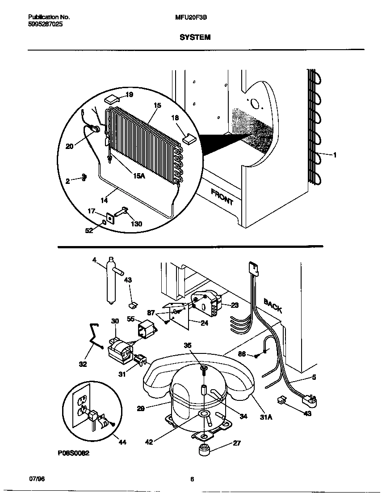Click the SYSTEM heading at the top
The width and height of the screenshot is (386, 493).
click(195, 38)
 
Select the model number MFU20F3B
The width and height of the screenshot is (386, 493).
click(188, 17)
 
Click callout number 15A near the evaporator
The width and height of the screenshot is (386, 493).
click(139, 176)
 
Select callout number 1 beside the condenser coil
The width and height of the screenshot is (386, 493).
click(335, 155)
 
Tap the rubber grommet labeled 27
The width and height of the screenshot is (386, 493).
click(204, 450)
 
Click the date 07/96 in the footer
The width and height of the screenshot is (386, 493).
click(37, 479)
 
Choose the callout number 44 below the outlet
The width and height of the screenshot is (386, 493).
click(122, 442)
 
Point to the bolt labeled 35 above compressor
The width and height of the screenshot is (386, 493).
click(203, 368)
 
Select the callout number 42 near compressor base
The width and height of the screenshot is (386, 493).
click(149, 442)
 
